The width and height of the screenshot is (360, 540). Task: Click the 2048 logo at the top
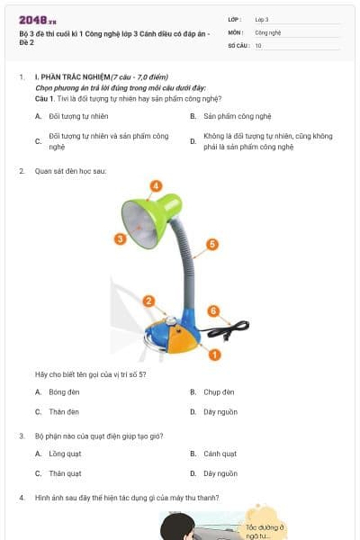[37, 19]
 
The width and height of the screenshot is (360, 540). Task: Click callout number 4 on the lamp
[156, 186]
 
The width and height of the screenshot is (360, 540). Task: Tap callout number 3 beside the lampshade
[120, 238]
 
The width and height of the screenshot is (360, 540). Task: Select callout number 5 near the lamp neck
[212, 244]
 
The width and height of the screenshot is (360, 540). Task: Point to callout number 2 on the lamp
[149, 301]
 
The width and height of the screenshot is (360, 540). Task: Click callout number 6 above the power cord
[213, 310]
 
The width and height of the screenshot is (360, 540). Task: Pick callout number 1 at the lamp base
[214, 355]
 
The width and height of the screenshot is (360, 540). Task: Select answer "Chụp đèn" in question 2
[219, 392]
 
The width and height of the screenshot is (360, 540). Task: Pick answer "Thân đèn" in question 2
[64, 411]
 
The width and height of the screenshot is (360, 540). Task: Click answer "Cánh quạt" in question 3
[220, 454]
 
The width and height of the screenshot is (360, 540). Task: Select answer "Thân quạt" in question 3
[65, 472]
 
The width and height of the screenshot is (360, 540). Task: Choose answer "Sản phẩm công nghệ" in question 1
[237, 116]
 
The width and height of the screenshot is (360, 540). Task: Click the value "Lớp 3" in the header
[262, 19]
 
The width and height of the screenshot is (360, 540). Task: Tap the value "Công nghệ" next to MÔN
[267, 31]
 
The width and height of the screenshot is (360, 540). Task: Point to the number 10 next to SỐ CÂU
[258, 44]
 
